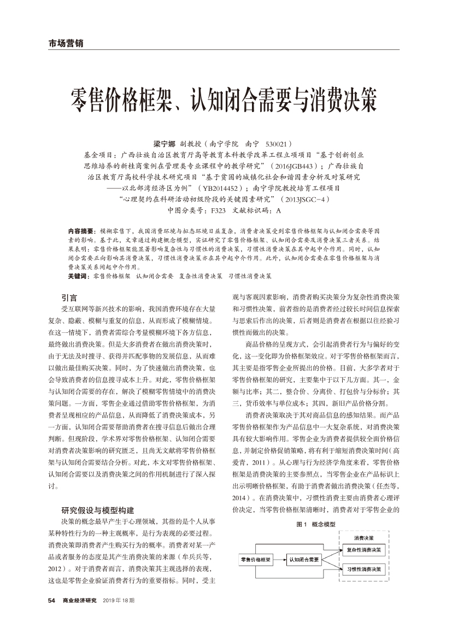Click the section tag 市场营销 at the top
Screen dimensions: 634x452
(62, 43)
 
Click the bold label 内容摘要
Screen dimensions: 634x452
(80, 231)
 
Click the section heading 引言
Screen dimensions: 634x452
(69, 297)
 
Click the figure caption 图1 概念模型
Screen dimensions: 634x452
(315, 524)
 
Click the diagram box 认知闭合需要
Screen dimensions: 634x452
(304, 559)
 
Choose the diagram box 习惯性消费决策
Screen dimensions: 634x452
(365, 570)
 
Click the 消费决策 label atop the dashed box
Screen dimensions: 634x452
(364, 532)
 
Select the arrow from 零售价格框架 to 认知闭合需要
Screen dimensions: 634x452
(279, 559)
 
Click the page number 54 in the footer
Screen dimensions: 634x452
(52, 600)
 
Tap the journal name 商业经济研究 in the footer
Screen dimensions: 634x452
(79, 600)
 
